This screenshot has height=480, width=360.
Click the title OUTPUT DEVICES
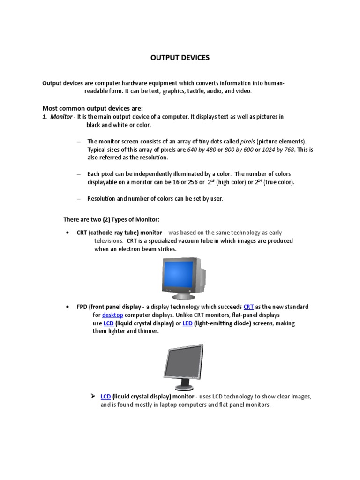point(180,58)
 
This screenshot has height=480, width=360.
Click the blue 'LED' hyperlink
point(187,323)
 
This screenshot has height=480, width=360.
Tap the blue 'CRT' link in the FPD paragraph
point(248,307)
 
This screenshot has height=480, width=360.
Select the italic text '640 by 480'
point(202,150)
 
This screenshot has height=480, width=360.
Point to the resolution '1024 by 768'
point(278,150)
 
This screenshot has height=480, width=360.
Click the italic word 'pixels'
point(248,141)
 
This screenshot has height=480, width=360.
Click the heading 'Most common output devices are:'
point(92,108)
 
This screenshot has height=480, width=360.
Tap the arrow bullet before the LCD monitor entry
point(93,396)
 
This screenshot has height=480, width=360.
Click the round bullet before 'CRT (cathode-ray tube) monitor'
point(68,233)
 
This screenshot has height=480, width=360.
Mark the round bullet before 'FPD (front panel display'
point(68,307)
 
